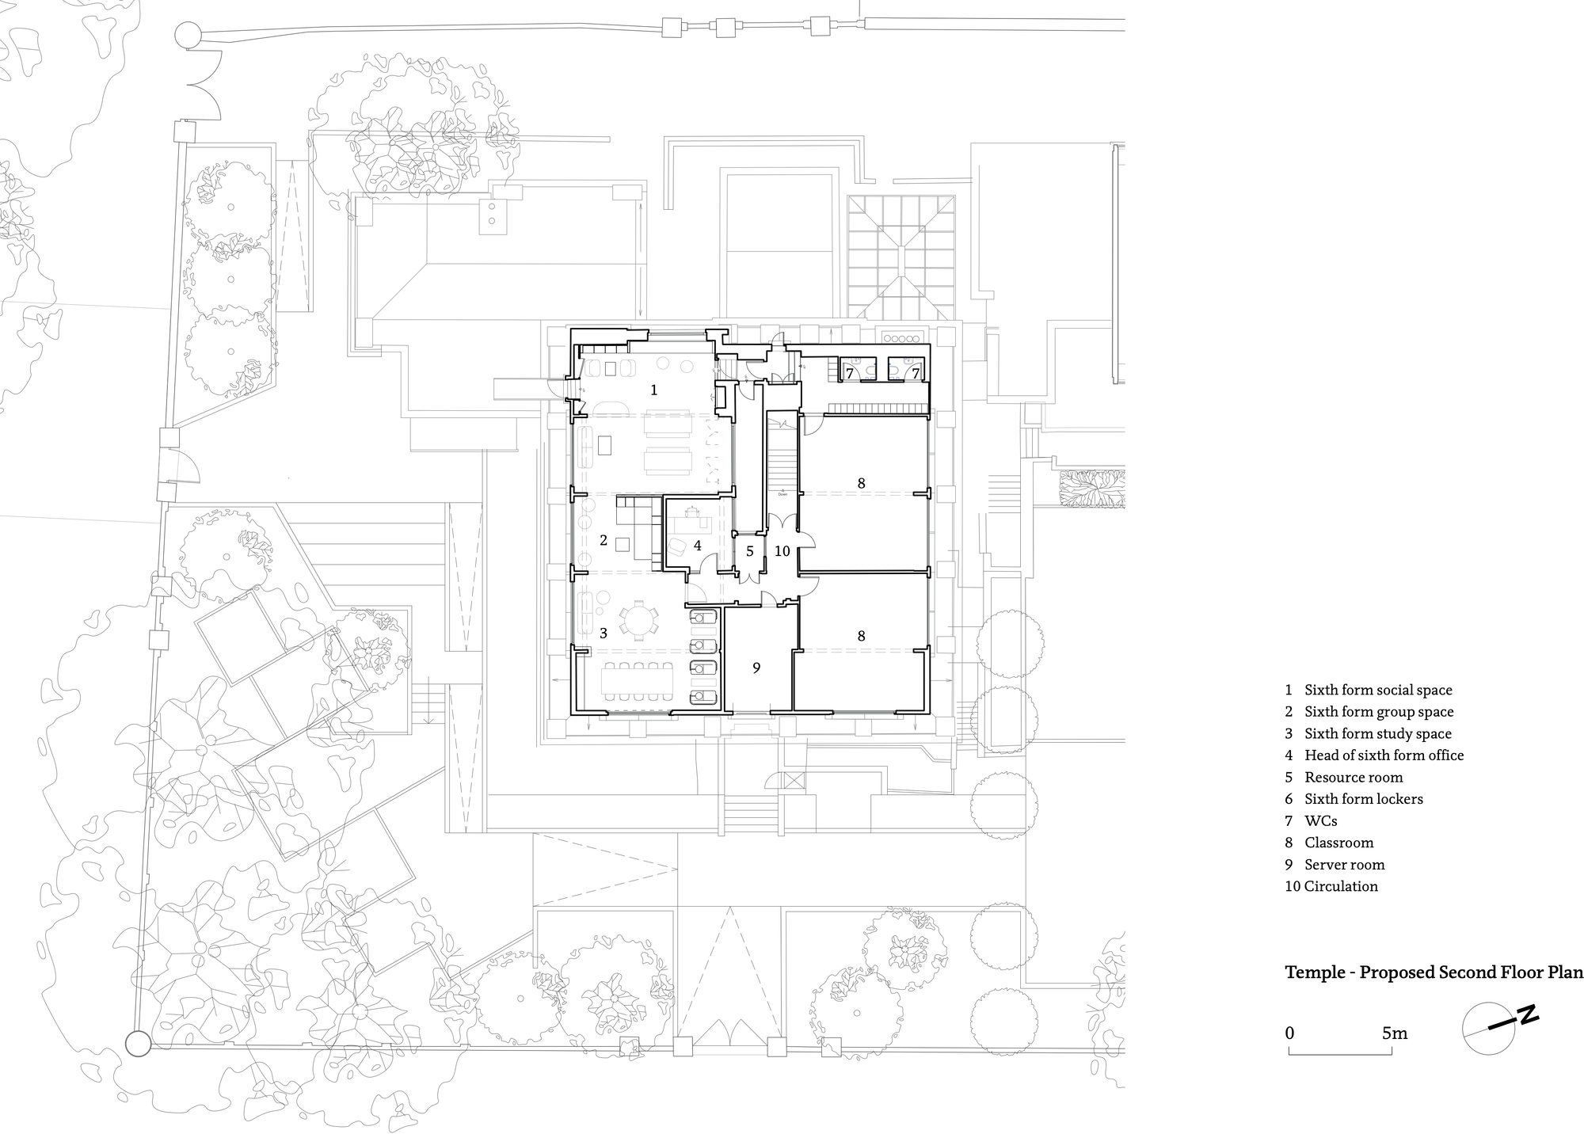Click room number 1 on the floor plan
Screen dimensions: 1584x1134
654,390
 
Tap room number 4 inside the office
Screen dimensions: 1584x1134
698,546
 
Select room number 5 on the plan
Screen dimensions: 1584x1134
749,551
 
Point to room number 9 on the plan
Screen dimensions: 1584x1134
756,668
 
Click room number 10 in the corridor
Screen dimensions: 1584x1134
782,551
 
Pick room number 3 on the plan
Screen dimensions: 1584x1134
604,634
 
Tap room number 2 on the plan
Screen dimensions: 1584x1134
604,540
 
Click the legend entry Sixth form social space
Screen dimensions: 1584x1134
1379,691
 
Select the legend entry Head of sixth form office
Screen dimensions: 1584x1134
1384,755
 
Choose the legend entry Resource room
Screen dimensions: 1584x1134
1354,778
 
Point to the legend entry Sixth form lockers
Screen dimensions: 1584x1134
1364,799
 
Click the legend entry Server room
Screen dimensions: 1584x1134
1345,865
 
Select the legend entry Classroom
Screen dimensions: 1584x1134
1339,843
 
